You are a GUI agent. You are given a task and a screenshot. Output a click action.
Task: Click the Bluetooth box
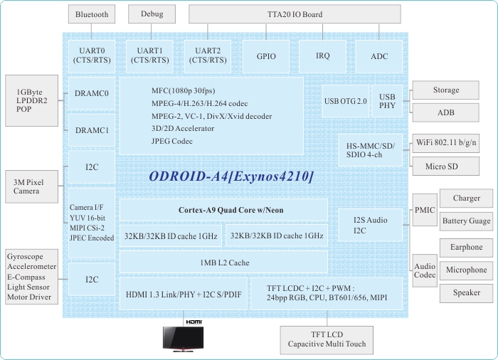coord(91,14)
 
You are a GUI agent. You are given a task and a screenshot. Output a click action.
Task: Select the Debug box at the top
coord(152,14)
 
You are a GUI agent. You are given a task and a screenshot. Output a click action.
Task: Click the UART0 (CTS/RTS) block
coord(92,55)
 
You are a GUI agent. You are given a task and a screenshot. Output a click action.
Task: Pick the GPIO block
coord(260,55)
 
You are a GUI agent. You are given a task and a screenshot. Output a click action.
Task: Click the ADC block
coord(380,55)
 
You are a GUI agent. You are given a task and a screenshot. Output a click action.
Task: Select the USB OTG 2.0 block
coord(345,102)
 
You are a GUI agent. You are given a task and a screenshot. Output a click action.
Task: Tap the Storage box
coord(446,90)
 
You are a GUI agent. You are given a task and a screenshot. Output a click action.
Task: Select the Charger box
coord(466,198)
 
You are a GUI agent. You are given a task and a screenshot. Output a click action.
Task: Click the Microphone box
coord(466,270)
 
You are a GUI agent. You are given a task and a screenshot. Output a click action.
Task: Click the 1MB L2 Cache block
coord(224,263)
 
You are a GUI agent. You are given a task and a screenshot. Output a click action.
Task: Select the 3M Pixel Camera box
coord(31,186)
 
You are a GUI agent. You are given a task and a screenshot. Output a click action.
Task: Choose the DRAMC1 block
coord(92,131)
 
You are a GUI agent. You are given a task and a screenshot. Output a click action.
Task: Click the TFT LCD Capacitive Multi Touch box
coord(327,339)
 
